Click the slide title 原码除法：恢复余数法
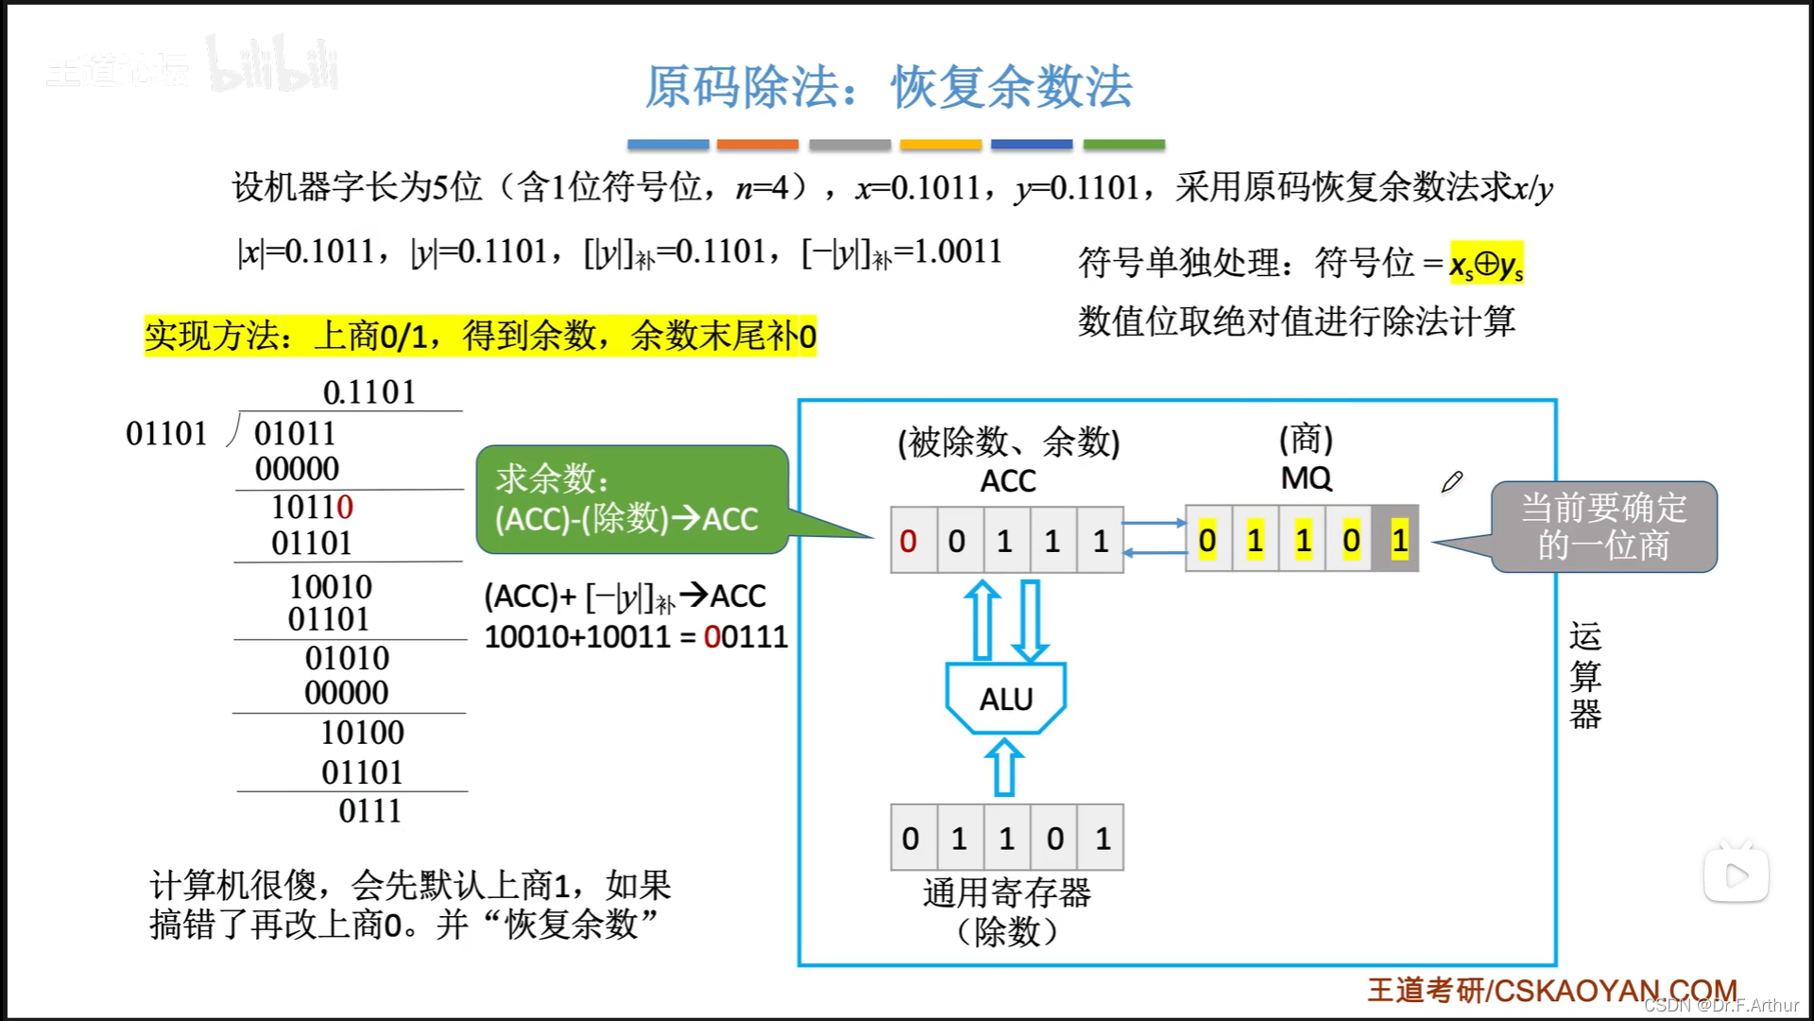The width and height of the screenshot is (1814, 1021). tap(888, 87)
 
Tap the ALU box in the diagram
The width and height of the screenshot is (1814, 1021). tap(1006, 699)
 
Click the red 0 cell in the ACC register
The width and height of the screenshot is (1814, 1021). tap(909, 541)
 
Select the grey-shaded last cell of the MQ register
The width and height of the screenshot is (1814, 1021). tap(1398, 541)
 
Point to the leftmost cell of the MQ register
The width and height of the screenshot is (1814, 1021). tap(1207, 541)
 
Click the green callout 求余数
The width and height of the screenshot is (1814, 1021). tap(631, 499)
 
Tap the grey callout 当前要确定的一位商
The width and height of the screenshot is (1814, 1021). tap(1603, 527)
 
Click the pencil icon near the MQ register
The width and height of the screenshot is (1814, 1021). tap(1452, 482)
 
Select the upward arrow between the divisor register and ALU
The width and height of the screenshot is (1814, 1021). tap(1004, 767)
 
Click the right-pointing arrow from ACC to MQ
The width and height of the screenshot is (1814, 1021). tap(1154, 523)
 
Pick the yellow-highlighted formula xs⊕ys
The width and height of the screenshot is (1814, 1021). tap(1486, 264)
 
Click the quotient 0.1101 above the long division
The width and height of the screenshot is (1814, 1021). tap(369, 391)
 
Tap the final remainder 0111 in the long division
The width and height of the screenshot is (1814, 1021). tap(370, 811)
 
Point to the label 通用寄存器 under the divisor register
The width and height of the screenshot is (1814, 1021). tap(1006, 892)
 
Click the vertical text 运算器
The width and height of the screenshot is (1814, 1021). tap(1584, 675)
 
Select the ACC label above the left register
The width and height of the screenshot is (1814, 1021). tap(1007, 481)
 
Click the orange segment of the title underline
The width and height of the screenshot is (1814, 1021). tap(758, 145)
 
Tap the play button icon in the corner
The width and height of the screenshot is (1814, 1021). tap(1736, 875)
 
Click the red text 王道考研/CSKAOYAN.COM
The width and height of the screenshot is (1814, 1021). tap(1551, 990)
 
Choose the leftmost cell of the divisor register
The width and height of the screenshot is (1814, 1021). tap(911, 838)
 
